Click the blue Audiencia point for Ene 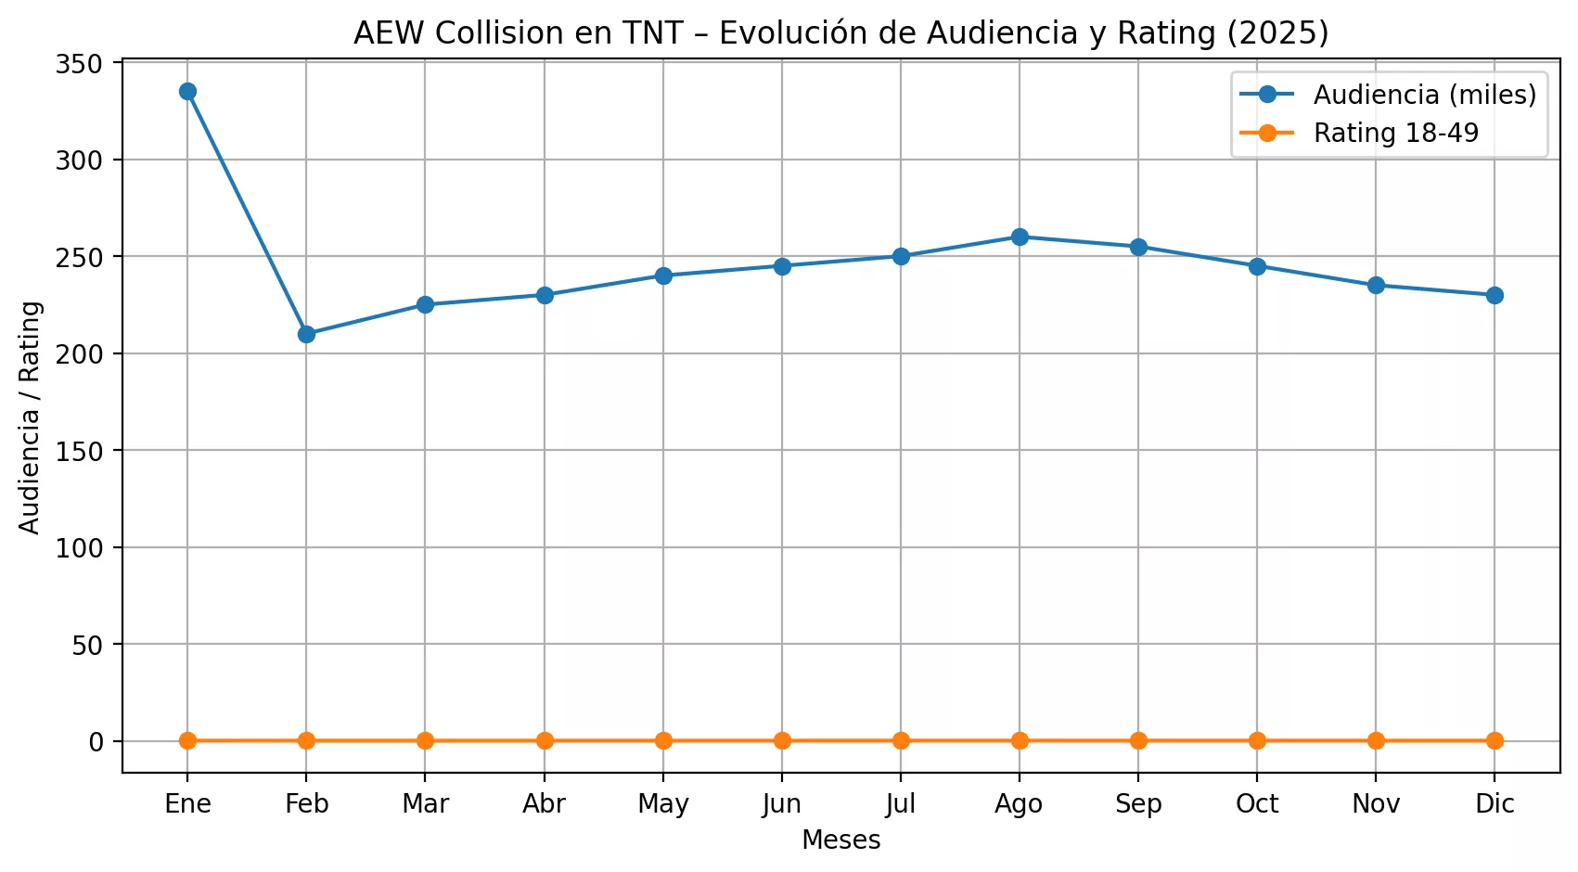[x=187, y=91]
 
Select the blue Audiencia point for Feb [x=306, y=334]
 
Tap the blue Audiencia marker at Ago [x=1020, y=237]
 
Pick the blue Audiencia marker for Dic [x=1495, y=295]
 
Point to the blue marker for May [x=663, y=276]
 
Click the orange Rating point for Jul [x=901, y=740]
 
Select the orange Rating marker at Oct [x=1257, y=740]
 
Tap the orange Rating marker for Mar [x=425, y=740]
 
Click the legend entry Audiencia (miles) [x=1424, y=95]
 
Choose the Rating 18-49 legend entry [x=1395, y=133]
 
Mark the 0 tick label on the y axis [x=96, y=741]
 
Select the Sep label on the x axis [x=1138, y=803]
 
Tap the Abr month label [x=544, y=803]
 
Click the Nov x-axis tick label [x=1376, y=803]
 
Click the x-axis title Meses [x=840, y=840]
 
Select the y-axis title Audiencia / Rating [x=30, y=417]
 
